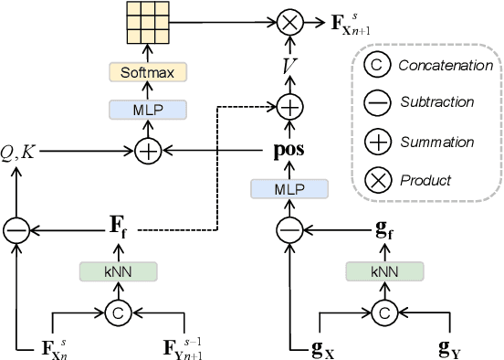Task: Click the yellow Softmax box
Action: click(148, 71)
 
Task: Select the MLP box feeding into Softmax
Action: click(148, 110)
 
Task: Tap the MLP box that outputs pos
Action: click(289, 188)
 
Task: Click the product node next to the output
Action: click(289, 20)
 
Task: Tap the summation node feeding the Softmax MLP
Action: click(148, 149)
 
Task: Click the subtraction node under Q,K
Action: click(16, 229)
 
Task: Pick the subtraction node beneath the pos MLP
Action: click(289, 229)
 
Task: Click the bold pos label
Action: click(289, 149)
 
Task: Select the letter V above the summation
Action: click(289, 65)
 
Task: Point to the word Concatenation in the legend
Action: click(446, 66)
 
